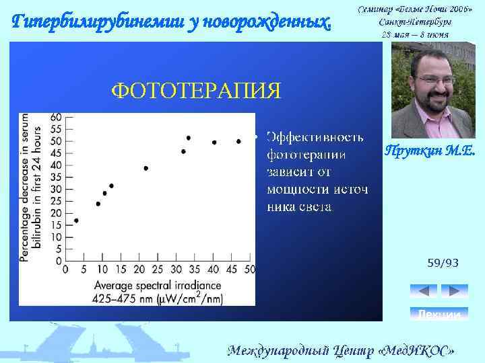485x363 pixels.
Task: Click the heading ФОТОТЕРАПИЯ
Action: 195,90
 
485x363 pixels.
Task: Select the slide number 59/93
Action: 443,263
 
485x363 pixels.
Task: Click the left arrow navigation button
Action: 424,291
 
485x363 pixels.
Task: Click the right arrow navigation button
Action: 453,291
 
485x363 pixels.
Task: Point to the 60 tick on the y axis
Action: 56,116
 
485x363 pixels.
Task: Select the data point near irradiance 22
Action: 146,168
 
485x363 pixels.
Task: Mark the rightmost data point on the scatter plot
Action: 238,141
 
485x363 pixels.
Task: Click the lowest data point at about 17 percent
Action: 76,220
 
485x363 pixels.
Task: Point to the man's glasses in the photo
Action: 428,79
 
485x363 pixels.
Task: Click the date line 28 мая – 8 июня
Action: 415,34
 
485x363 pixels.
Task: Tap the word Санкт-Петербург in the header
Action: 415,21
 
